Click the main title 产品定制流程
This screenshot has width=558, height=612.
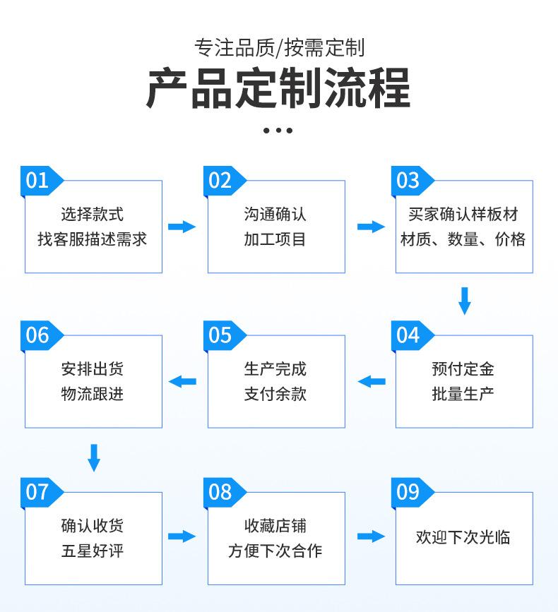(x=278, y=88)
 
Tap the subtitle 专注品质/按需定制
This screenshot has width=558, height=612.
(x=279, y=48)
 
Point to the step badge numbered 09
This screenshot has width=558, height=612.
(x=412, y=493)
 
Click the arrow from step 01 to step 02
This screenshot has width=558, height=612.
(x=182, y=227)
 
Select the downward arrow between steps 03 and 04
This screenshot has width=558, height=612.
(x=464, y=301)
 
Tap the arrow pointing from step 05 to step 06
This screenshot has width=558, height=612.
(x=182, y=381)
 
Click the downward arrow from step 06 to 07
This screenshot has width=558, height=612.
(x=94, y=457)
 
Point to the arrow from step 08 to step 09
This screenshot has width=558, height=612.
(x=371, y=536)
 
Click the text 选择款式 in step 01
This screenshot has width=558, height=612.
(x=92, y=215)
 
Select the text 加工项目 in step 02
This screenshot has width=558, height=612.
(x=275, y=239)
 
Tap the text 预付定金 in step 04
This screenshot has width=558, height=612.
(x=463, y=369)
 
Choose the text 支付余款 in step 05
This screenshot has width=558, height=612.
(x=275, y=394)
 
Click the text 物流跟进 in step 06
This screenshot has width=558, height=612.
(x=92, y=394)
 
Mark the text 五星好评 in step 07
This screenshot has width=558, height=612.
(x=92, y=551)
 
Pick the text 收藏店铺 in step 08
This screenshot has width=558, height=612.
(x=275, y=526)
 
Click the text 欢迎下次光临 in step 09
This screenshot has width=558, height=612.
(x=463, y=537)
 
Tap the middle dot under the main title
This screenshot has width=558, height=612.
(x=278, y=131)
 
